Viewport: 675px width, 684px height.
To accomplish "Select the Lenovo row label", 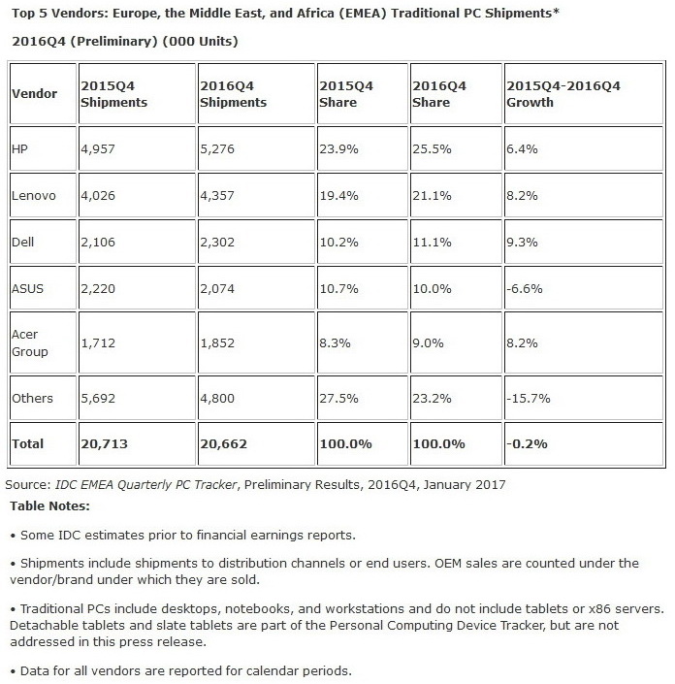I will pyautogui.click(x=34, y=196).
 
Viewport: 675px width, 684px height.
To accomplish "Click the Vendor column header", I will pyautogui.click(x=34, y=93).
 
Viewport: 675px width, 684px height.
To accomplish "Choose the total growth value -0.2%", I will pyautogui.click(x=527, y=443).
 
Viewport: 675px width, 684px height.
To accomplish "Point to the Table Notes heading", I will pyautogui.click(x=49, y=505).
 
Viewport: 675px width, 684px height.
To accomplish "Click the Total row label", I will pyautogui.click(x=28, y=443).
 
